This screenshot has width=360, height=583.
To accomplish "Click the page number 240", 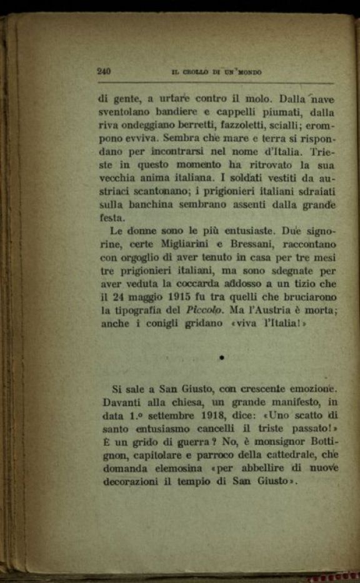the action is (x=104, y=71).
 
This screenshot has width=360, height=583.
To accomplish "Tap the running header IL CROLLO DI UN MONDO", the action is (x=217, y=72).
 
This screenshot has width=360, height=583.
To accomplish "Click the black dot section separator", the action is (x=222, y=357).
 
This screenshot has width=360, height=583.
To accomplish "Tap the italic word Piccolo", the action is (x=204, y=311).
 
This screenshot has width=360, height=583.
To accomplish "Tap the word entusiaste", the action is (x=245, y=231).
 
